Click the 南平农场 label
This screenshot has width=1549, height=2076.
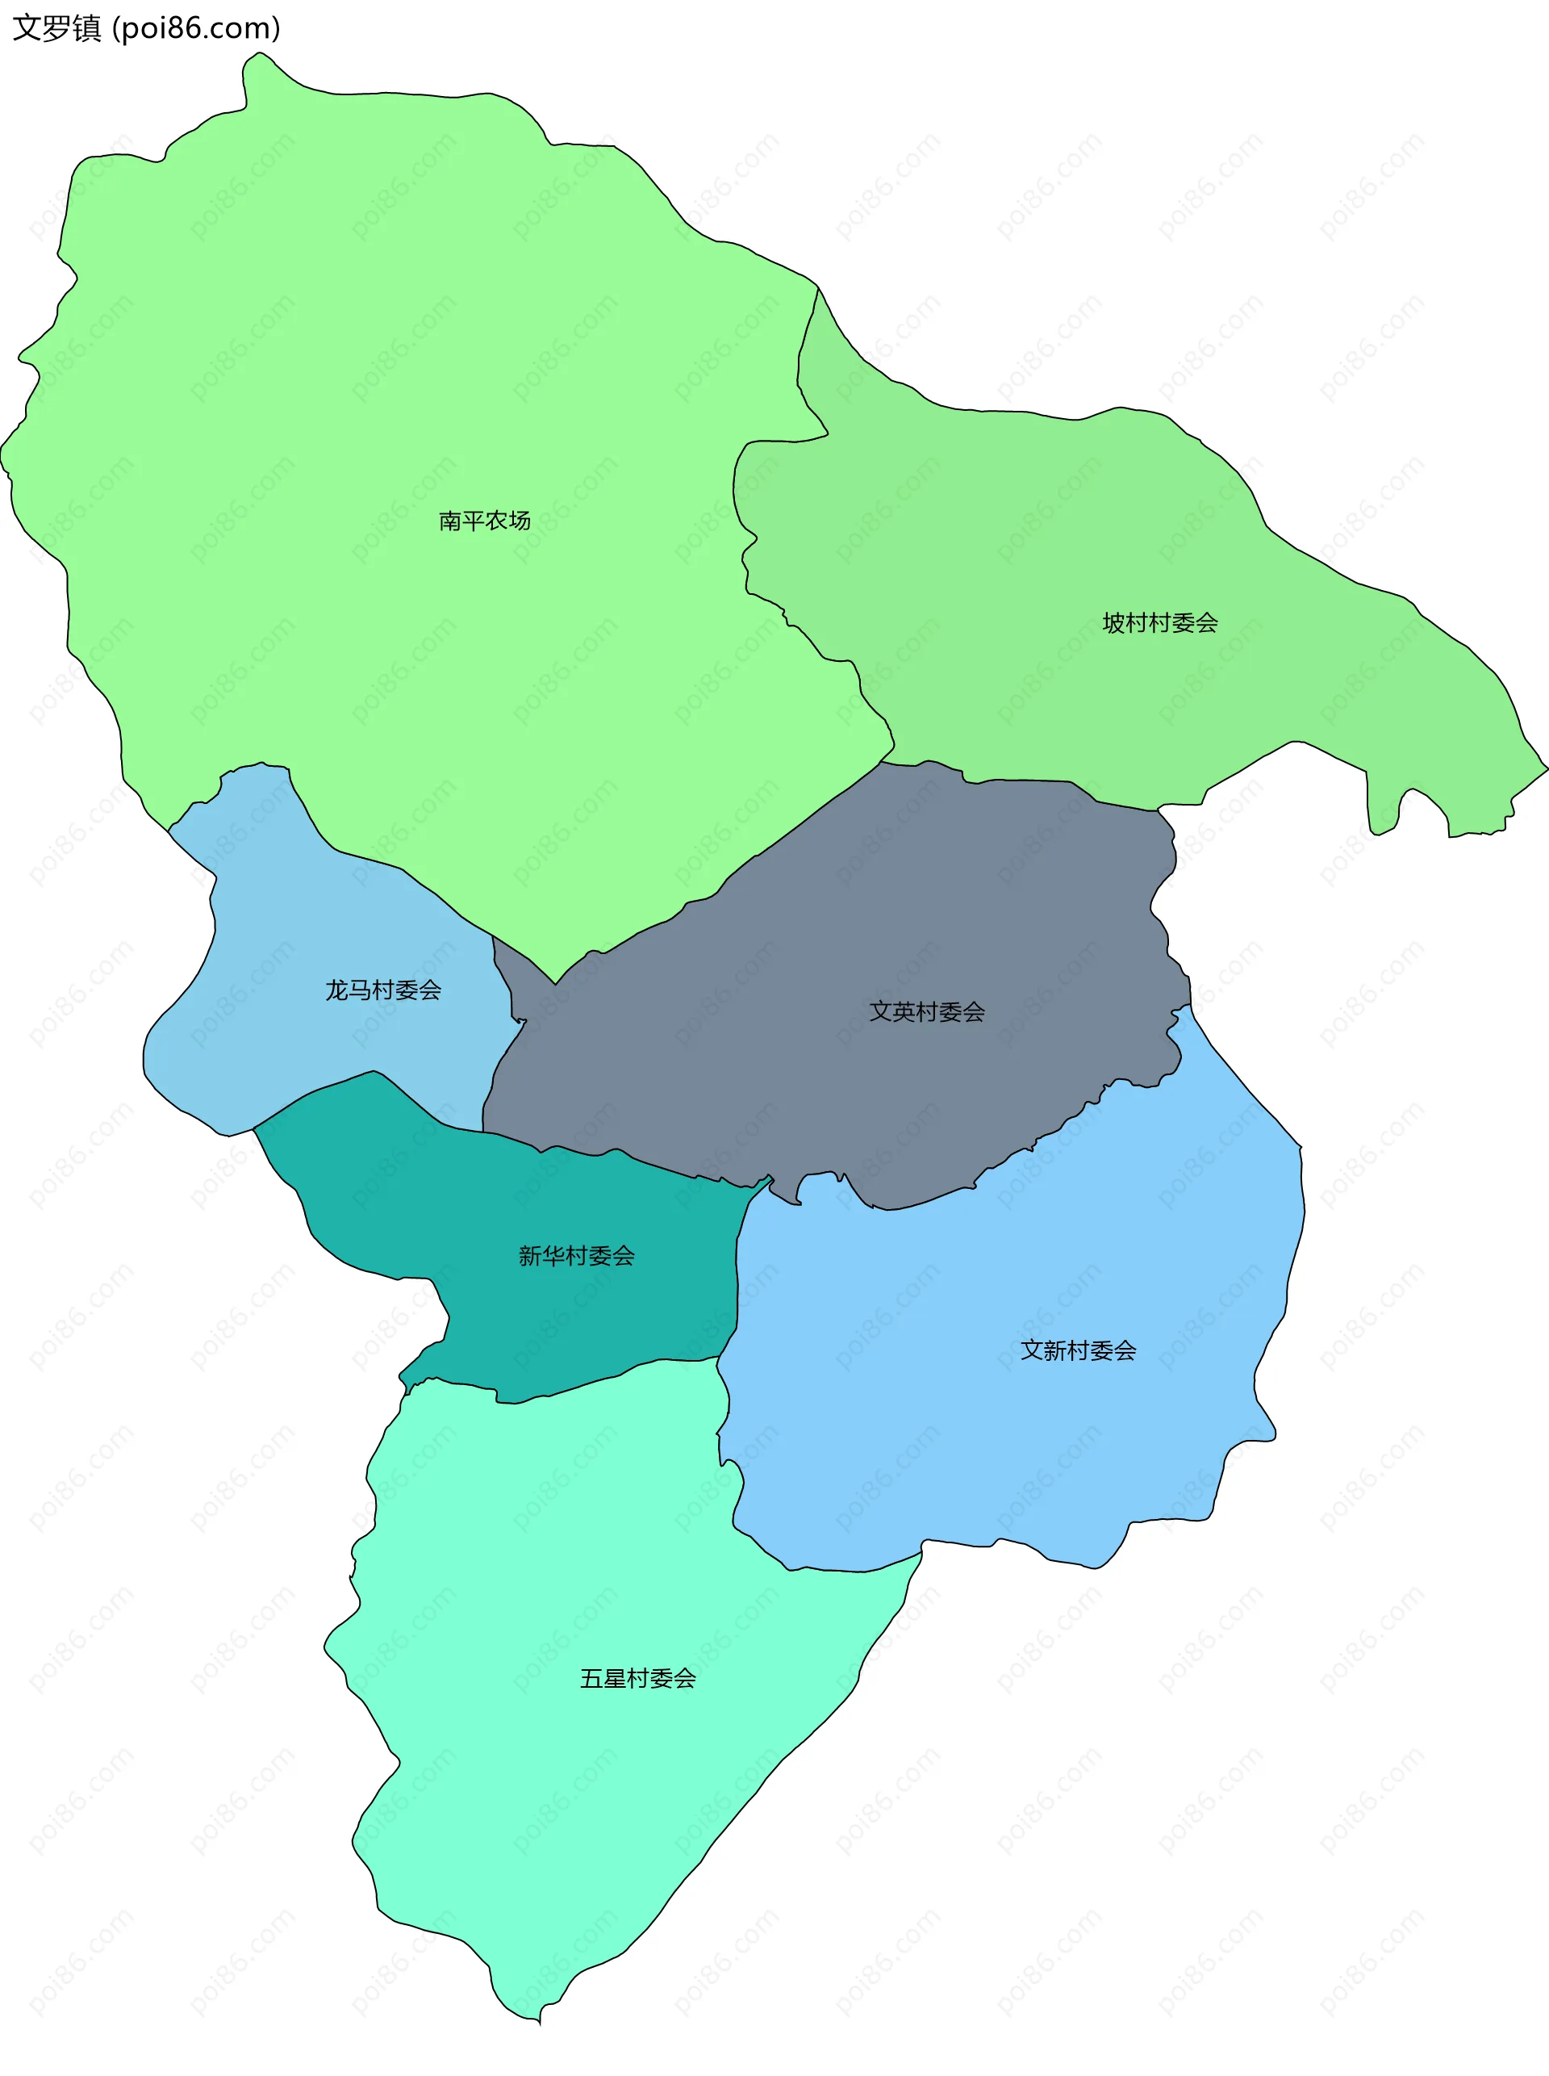(484, 521)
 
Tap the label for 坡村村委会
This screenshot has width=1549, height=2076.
(1160, 623)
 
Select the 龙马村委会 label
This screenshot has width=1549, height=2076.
(382, 990)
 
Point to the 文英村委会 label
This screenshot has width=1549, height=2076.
(926, 1011)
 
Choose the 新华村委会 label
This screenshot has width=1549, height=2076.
(576, 1255)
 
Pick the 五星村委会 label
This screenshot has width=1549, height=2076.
(637, 1678)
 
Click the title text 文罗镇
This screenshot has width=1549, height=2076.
(56, 28)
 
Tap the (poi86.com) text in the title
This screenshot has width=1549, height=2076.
(196, 28)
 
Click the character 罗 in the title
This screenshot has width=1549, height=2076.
(56, 28)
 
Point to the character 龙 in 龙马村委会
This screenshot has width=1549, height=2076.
(336, 990)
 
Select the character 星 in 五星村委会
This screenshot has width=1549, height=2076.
(615, 1678)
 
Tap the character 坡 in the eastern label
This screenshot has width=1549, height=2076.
(1114, 623)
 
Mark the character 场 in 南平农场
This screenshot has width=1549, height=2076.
(519, 521)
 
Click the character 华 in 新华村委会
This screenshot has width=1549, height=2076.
(553, 1255)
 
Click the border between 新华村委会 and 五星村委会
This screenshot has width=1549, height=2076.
(582, 1386)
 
